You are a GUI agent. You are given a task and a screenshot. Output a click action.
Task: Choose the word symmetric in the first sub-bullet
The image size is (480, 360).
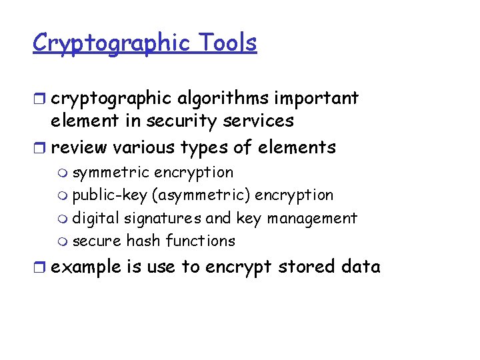pyautogui.click(x=111, y=173)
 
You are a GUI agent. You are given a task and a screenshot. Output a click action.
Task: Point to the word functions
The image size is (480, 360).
pyautogui.click(x=201, y=241)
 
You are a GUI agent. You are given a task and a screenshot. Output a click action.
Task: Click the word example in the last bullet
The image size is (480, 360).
pyautogui.click(x=86, y=267)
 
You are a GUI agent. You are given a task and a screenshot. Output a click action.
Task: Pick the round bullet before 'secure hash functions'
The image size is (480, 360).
pyautogui.click(x=63, y=241)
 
